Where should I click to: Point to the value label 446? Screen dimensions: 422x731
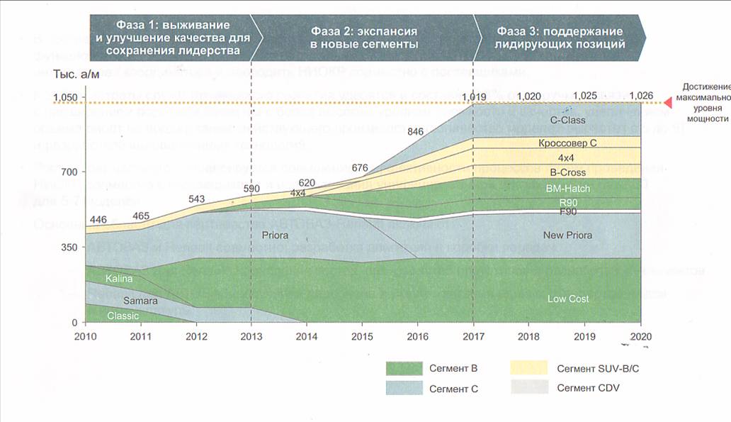point(98,220)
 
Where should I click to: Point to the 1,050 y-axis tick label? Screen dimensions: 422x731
point(64,97)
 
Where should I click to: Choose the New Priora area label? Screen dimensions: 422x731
point(567,235)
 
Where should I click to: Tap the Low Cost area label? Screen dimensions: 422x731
point(568,299)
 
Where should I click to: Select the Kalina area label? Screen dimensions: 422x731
point(119,279)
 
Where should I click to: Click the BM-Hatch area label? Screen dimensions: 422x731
point(568,189)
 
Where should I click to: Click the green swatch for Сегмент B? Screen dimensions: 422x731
point(403,367)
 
